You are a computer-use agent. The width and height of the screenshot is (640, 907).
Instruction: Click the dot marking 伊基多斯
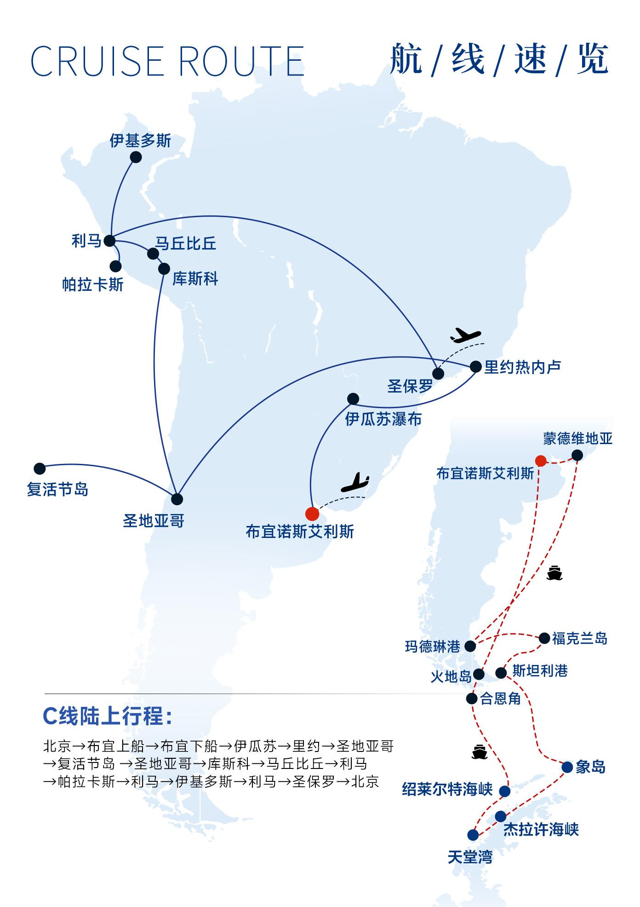(136, 157)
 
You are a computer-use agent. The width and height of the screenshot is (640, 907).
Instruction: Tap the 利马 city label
(86, 241)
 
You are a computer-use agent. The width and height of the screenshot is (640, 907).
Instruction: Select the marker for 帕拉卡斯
(116, 266)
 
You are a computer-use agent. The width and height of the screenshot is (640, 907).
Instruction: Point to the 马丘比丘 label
(186, 243)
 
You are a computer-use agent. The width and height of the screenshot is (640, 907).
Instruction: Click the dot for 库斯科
(164, 269)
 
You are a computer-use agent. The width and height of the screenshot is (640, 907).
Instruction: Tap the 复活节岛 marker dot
(40, 469)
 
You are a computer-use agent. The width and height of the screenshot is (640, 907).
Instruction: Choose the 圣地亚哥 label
(154, 521)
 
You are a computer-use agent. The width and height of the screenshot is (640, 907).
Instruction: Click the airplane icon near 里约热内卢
(465, 335)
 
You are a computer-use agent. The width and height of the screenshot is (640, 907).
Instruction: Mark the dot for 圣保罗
(438, 374)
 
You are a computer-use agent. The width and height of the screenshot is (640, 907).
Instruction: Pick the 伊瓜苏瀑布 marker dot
(353, 399)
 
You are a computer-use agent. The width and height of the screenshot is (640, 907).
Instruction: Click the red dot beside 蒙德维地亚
(541, 461)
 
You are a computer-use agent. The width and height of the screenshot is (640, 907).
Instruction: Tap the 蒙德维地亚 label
(578, 439)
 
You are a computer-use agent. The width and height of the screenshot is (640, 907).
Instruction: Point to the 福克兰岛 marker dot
(544, 638)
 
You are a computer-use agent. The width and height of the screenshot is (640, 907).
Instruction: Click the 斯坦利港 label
(540, 671)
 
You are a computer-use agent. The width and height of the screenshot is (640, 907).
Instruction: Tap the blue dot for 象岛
(567, 767)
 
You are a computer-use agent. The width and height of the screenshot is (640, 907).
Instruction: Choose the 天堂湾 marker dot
(473, 835)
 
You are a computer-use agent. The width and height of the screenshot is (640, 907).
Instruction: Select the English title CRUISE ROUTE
(167, 61)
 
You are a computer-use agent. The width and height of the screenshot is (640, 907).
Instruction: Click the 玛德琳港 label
(433, 647)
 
